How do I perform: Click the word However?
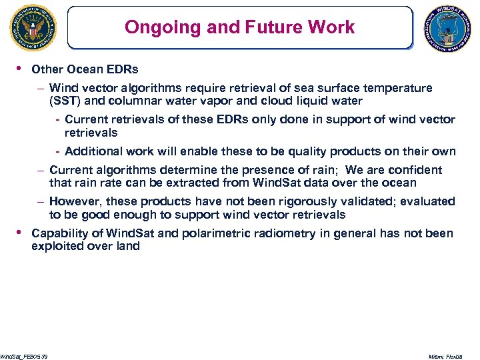[x=75, y=201]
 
